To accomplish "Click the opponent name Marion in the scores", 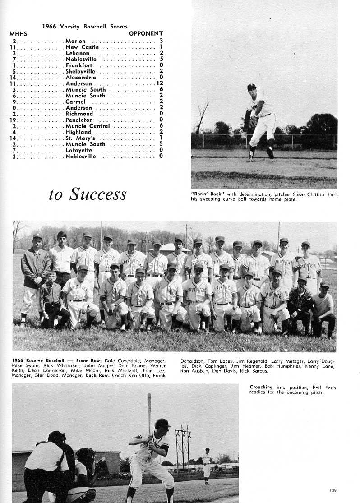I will (76, 41).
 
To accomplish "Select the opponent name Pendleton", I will (79, 120).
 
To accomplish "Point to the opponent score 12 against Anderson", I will (159, 83).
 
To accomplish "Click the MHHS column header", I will (18, 34).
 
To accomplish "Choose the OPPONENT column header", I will (146, 34).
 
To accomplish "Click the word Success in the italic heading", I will (97, 194).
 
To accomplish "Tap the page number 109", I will (333, 490).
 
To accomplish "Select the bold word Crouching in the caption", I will (261, 387).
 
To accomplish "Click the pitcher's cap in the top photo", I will (251, 86).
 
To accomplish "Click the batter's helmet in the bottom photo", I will (162, 423).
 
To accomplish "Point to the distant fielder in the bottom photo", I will (207, 465).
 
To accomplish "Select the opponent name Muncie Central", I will (88, 126).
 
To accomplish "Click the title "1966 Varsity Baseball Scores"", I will (85, 27).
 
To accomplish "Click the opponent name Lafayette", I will (79, 150).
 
